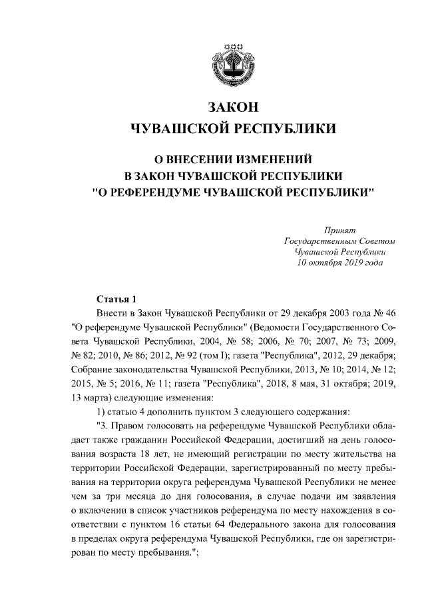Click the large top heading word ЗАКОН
[233, 107]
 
